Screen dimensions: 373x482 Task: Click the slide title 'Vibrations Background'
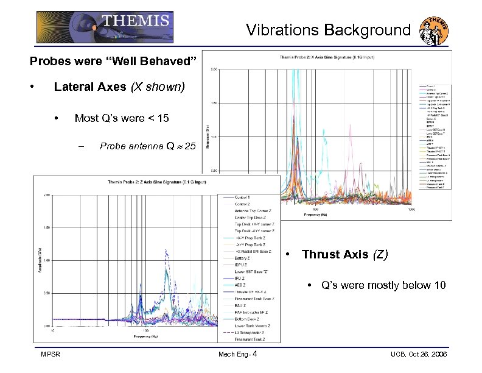[328, 30]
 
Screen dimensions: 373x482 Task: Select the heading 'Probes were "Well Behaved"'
[114, 62]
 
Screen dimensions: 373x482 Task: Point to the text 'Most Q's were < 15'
[122, 118]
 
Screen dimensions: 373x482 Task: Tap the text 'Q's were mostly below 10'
[383, 285]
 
